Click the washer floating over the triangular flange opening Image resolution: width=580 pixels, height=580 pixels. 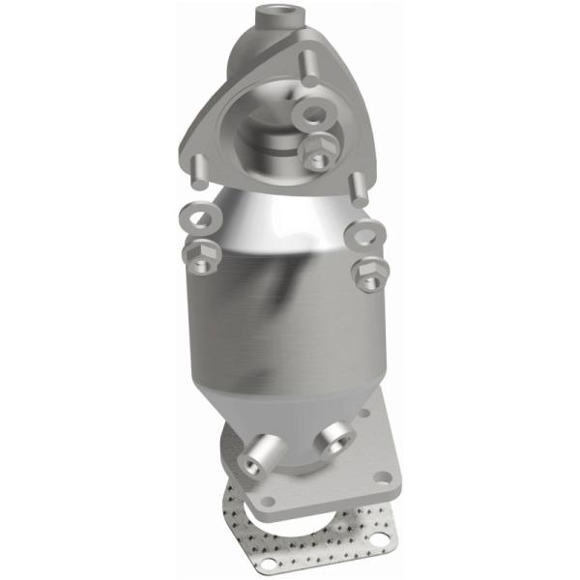pos(314,116)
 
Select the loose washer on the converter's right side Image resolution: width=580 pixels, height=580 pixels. pos(364,234)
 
